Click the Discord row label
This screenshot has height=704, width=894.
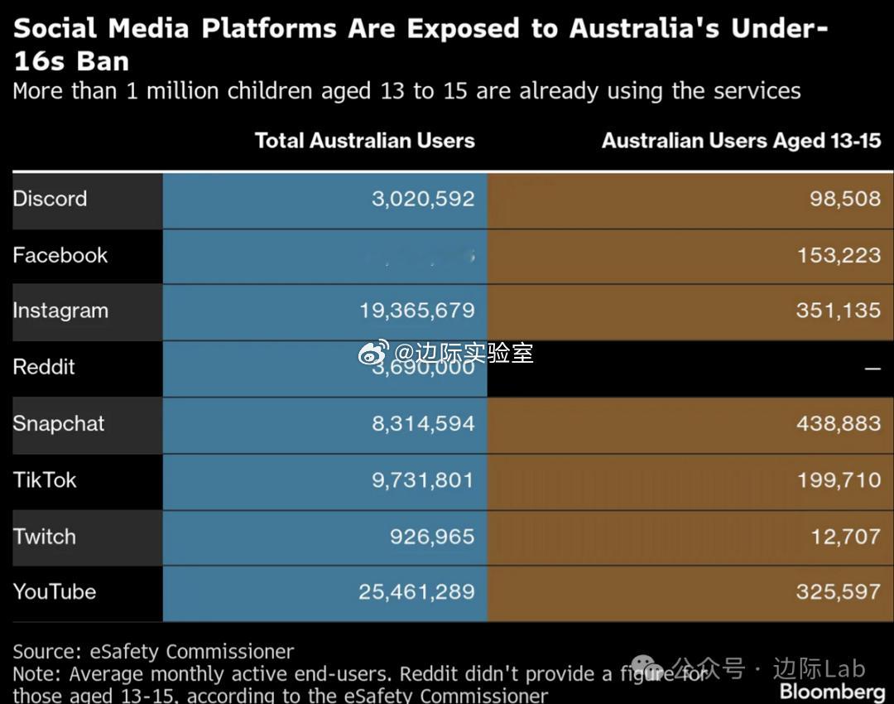50,199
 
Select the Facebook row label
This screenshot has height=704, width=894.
60,255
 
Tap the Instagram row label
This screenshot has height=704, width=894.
60,311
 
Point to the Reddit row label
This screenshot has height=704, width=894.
44,367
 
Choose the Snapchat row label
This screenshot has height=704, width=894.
59,423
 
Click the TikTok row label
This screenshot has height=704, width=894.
45,480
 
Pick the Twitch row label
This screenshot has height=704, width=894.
45,536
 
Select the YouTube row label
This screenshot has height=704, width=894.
55,591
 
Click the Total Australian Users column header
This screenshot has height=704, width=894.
365,141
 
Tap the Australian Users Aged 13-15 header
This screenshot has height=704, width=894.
741,141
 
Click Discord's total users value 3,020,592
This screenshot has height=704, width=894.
423,199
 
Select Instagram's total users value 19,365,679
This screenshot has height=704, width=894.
417,311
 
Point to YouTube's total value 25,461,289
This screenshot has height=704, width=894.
416,591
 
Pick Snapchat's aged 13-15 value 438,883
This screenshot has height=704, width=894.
839,423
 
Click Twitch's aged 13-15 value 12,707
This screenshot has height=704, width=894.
845,536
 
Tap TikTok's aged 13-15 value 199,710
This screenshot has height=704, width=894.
839,480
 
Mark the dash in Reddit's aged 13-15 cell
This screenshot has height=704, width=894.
872,368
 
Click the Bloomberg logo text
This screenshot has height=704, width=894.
832,692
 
